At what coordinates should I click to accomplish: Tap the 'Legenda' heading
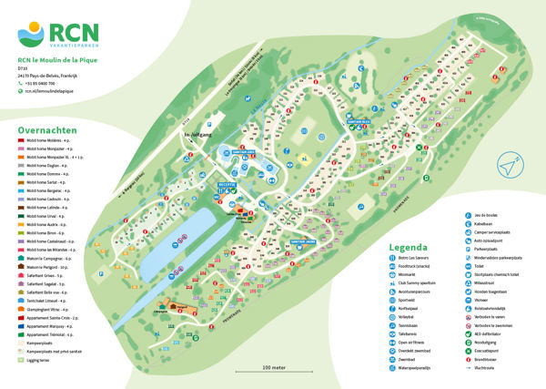click(408, 247)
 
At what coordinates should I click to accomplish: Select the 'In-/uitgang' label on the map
click(197, 136)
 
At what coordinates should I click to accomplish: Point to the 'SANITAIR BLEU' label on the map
click(359, 120)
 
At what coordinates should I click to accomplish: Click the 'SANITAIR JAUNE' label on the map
click(304, 241)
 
